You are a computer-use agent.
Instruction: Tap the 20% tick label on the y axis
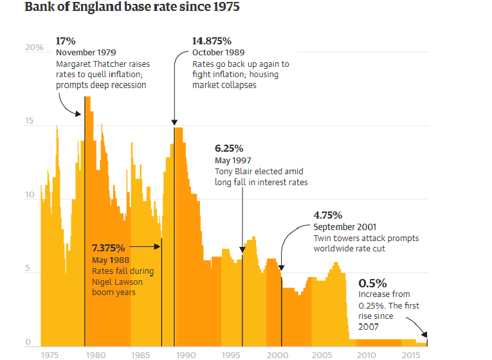pyautogui.click(x=34, y=48)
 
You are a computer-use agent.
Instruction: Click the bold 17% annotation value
pyautogui.click(x=66, y=40)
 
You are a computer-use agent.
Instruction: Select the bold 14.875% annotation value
pyautogui.click(x=216, y=40)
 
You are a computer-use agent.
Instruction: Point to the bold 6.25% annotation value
pyautogui.click(x=229, y=148)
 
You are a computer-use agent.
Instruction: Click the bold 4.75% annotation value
pyautogui.click(x=328, y=215)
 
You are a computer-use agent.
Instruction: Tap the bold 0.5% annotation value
pyautogui.click(x=372, y=283)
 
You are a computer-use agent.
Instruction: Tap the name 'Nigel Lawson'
pyautogui.click(x=118, y=282)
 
